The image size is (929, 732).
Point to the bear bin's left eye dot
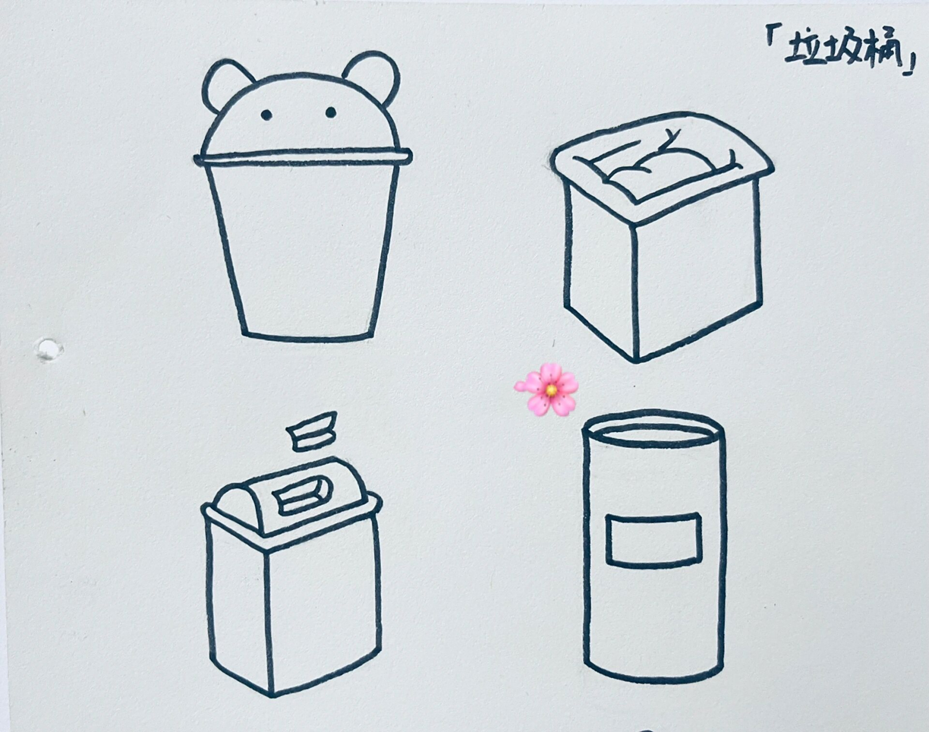[266, 114]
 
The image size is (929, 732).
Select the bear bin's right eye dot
[330, 113]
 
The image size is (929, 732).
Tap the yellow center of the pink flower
[551, 390]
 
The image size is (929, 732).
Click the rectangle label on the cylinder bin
[653, 540]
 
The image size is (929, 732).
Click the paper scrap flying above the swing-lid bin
[312, 431]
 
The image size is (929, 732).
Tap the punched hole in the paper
[48, 349]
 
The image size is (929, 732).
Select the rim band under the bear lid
[302, 157]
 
